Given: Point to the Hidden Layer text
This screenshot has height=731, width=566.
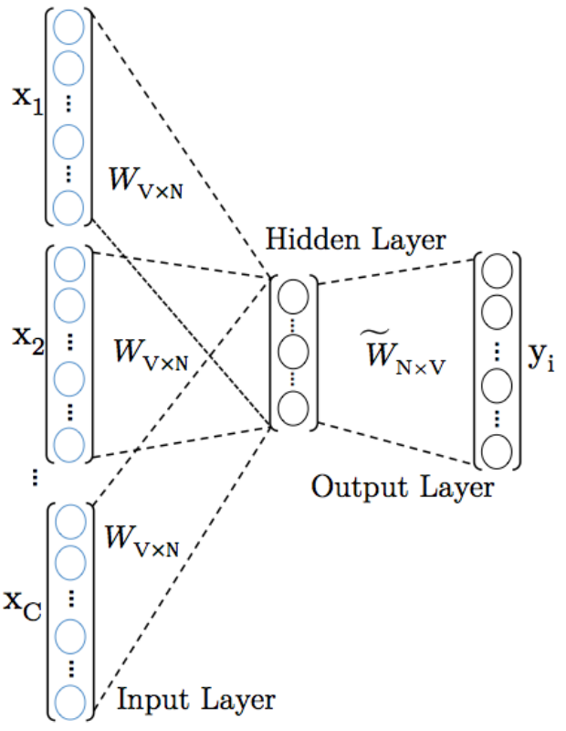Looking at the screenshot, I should [x=356, y=240].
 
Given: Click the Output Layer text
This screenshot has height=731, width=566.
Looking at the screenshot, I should [x=403, y=486].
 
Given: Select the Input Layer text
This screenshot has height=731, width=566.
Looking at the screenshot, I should [x=195, y=700].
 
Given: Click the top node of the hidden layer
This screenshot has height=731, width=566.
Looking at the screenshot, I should [x=294, y=297].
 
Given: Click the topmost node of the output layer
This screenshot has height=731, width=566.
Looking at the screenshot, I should [x=497, y=271].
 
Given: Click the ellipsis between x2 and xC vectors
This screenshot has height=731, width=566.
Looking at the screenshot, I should [x=34, y=475].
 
